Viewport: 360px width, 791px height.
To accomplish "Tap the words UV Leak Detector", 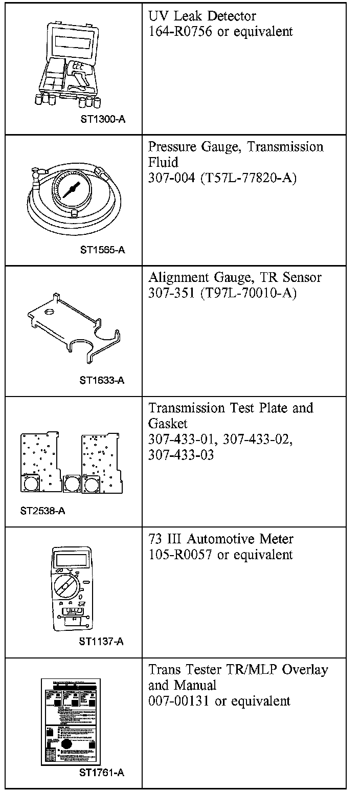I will pyautogui.click(x=202, y=16).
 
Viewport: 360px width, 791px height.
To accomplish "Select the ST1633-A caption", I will pyautogui.click(x=102, y=380).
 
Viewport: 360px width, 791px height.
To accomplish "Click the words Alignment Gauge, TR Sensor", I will pyautogui.click(x=235, y=278).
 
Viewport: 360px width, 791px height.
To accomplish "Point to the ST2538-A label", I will pyautogui.click(x=43, y=511).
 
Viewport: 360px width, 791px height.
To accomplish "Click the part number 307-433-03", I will pyautogui.click(x=181, y=455).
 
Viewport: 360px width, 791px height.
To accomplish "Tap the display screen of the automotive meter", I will pyautogui.click(x=72, y=558).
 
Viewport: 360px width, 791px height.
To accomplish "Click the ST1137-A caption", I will pyautogui.click(x=101, y=642).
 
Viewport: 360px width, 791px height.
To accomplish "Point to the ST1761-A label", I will pyautogui.click(x=102, y=773).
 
